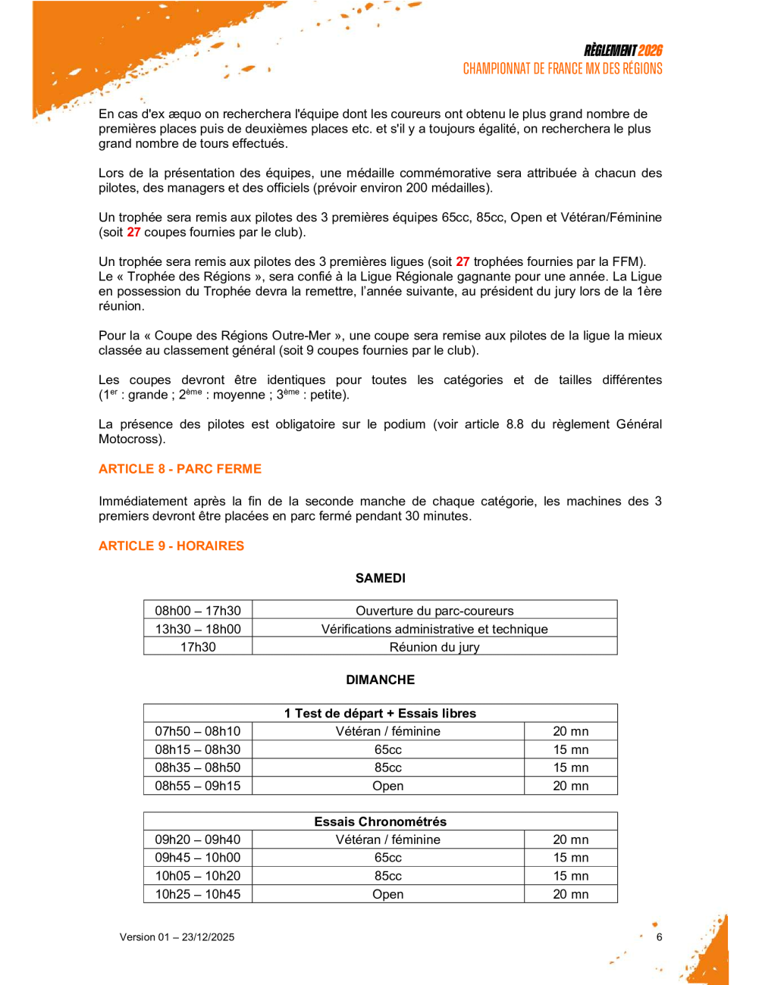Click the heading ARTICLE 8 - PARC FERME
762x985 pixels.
180,469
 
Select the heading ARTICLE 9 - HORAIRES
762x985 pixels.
171,546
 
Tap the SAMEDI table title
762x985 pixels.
381,578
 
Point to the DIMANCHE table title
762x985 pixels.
381,680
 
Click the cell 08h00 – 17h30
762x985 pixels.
198,611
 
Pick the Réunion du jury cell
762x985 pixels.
434,647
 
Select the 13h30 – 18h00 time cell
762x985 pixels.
198,629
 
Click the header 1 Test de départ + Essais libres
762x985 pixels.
381,713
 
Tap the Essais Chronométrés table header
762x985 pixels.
381,821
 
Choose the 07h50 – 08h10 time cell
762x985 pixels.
198,731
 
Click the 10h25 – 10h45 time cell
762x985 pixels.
198,894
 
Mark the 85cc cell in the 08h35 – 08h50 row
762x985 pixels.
388,768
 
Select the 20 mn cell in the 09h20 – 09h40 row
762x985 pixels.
571,840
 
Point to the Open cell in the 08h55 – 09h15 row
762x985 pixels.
388,786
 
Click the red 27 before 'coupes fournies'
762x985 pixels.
133,232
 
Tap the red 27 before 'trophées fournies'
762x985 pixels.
463,261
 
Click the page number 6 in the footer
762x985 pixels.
660,937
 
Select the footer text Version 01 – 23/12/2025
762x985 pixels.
177,937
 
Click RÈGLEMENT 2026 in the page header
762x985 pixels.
623,51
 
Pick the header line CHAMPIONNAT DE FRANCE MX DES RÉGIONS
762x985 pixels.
563,69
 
